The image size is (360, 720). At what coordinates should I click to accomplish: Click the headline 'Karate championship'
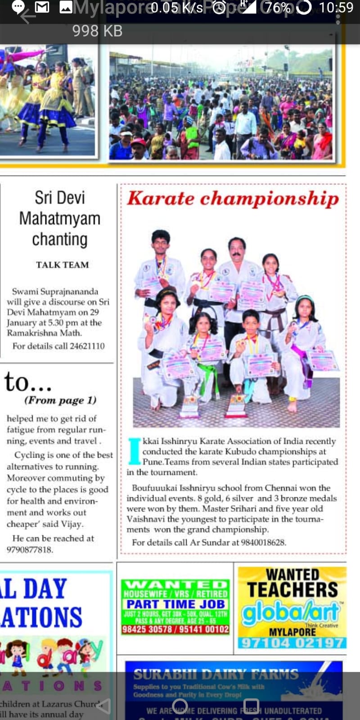coord(233,198)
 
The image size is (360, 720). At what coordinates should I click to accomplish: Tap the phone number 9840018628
coord(263,542)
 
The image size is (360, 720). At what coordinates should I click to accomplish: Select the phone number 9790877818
coord(30,549)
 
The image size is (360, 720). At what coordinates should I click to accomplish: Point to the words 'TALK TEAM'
coord(62,265)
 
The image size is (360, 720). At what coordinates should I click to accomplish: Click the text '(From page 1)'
coord(60,400)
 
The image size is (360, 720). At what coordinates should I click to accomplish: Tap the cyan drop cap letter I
coord(134,451)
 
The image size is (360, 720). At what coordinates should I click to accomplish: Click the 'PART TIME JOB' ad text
coord(175,604)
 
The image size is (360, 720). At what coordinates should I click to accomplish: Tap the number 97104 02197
coord(292,643)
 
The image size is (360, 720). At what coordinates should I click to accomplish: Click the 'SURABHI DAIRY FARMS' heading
coord(216,674)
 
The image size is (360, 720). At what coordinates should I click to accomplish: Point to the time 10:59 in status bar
coord(336,8)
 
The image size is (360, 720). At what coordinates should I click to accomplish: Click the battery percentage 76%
coord(278,8)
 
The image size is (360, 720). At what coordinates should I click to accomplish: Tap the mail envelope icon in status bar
coord(42,7)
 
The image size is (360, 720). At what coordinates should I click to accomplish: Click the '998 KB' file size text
coord(97,31)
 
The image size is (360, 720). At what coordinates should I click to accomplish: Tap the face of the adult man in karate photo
coord(237,249)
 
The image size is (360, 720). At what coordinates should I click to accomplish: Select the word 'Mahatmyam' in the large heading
coord(60,219)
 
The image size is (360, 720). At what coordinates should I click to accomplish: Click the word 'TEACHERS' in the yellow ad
coord(292,589)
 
